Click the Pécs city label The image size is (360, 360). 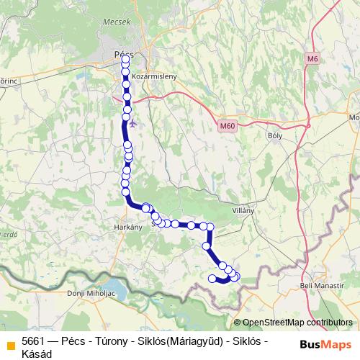pyautogui.click(x=124, y=54)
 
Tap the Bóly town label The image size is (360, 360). pyautogui.click(x=274, y=135)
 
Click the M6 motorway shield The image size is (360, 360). pyautogui.click(x=312, y=58)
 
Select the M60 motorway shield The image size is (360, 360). pyautogui.click(x=227, y=126)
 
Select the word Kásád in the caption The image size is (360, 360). pyautogui.click(x=37, y=354)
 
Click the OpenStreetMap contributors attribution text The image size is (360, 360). pyautogui.click(x=297, y=323)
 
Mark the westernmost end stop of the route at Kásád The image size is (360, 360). pyautogui.click(x=212, y=278)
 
